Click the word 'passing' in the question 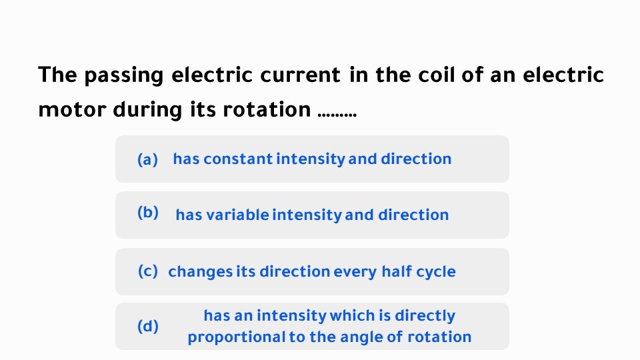tap(123, 75)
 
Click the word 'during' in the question tap(146, 109)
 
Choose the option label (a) tap(147, 159)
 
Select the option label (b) tap(147, 213)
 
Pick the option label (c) tap(147, 271)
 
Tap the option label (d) tap(147, 326)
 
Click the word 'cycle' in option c tap(436, 272)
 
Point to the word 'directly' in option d tap(425, 315)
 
